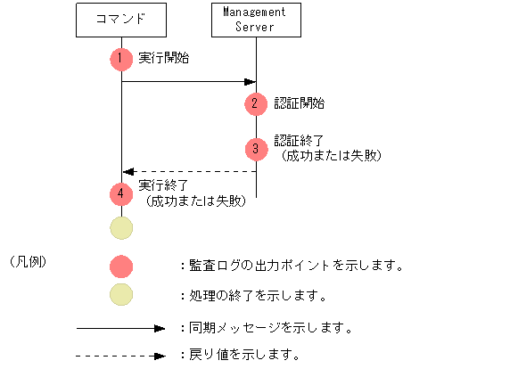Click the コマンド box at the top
(x=120, y=20)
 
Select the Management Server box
(x=256, y=20)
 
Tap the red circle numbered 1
(x=120, y=59)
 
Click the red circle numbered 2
(x=256, y=103)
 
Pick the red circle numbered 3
(x=256, y=148)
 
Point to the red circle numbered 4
(x=120, y=193)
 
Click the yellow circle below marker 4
(x=120, y=227)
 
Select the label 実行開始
(x=164, y=58)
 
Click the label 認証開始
(x=300, y=103)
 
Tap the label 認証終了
(x=300, y=140)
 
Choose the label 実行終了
(x=164, y=185)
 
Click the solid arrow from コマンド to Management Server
(x=188, y=82)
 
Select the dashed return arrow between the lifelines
(x=188, y=171)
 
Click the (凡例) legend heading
(x=27, y=262)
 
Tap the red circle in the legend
(x=120, y=266)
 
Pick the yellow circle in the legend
(x=120, y=295)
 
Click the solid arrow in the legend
(x=121, y=328)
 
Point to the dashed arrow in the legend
(x=121, y=356)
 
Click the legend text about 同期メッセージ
(x=266, y=328)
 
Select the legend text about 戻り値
(x=238, y=355)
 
